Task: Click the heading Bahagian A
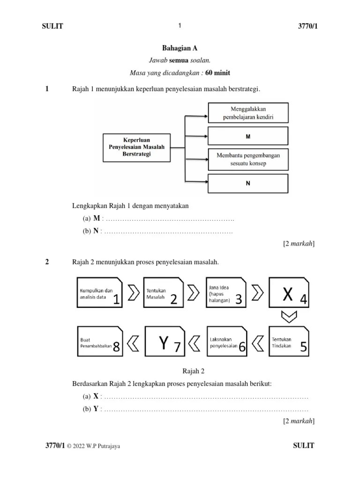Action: click(x=176, y=48)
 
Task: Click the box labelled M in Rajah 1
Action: click(x=248, y=136)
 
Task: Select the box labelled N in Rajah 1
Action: click(x=248, y=183)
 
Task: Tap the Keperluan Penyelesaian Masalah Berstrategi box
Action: click(x=136, y=147)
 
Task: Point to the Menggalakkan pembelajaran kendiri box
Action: click(x=248, y=112)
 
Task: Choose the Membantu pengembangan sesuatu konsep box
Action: click(x=248, y=159)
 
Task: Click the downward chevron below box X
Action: click(x=289, y=317)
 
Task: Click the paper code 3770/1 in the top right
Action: click(x=305, y=26)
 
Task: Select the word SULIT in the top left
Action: click(x=52, y=26)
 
